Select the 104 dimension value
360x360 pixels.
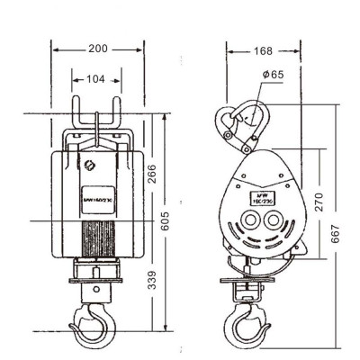[x=94, y=79]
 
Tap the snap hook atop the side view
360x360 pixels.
[x=240, y=126]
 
